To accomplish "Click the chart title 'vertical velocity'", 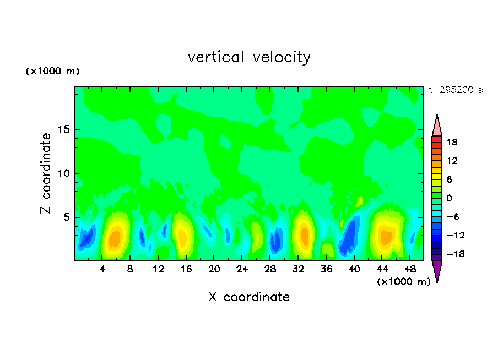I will (249, 57).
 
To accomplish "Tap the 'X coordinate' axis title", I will (249, 297).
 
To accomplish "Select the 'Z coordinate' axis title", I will (46, 173).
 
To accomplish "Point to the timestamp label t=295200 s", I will (455, 90).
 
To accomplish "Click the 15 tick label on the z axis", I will (63, 130).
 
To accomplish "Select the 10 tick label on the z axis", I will (63, 173).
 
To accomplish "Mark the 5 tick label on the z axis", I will (66, 217).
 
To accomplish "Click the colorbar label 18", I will (452, 142).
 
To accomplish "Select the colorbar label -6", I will (452, 217).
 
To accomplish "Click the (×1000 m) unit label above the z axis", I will (52, 72).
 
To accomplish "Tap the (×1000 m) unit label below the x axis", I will (404, 282).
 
